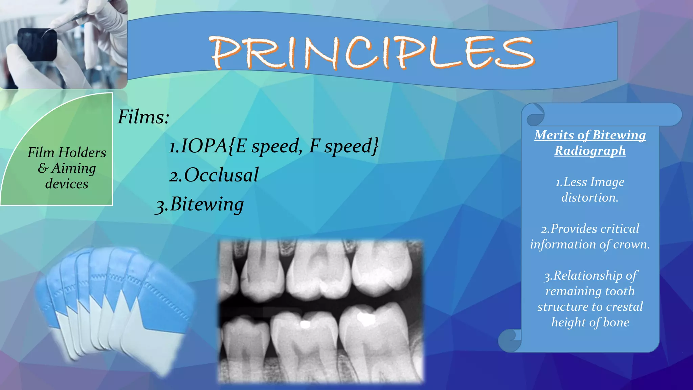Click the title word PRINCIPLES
point(372,52)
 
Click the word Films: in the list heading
point(143,117)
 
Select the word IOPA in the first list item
point(203,146)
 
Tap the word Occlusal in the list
point(221,175)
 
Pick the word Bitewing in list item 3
point(207,204)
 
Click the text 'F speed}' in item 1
point(343,146)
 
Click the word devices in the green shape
point(67,184)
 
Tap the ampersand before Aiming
point(43,168)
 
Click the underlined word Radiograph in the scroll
point(590,151)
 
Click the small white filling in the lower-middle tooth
point(305,324)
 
